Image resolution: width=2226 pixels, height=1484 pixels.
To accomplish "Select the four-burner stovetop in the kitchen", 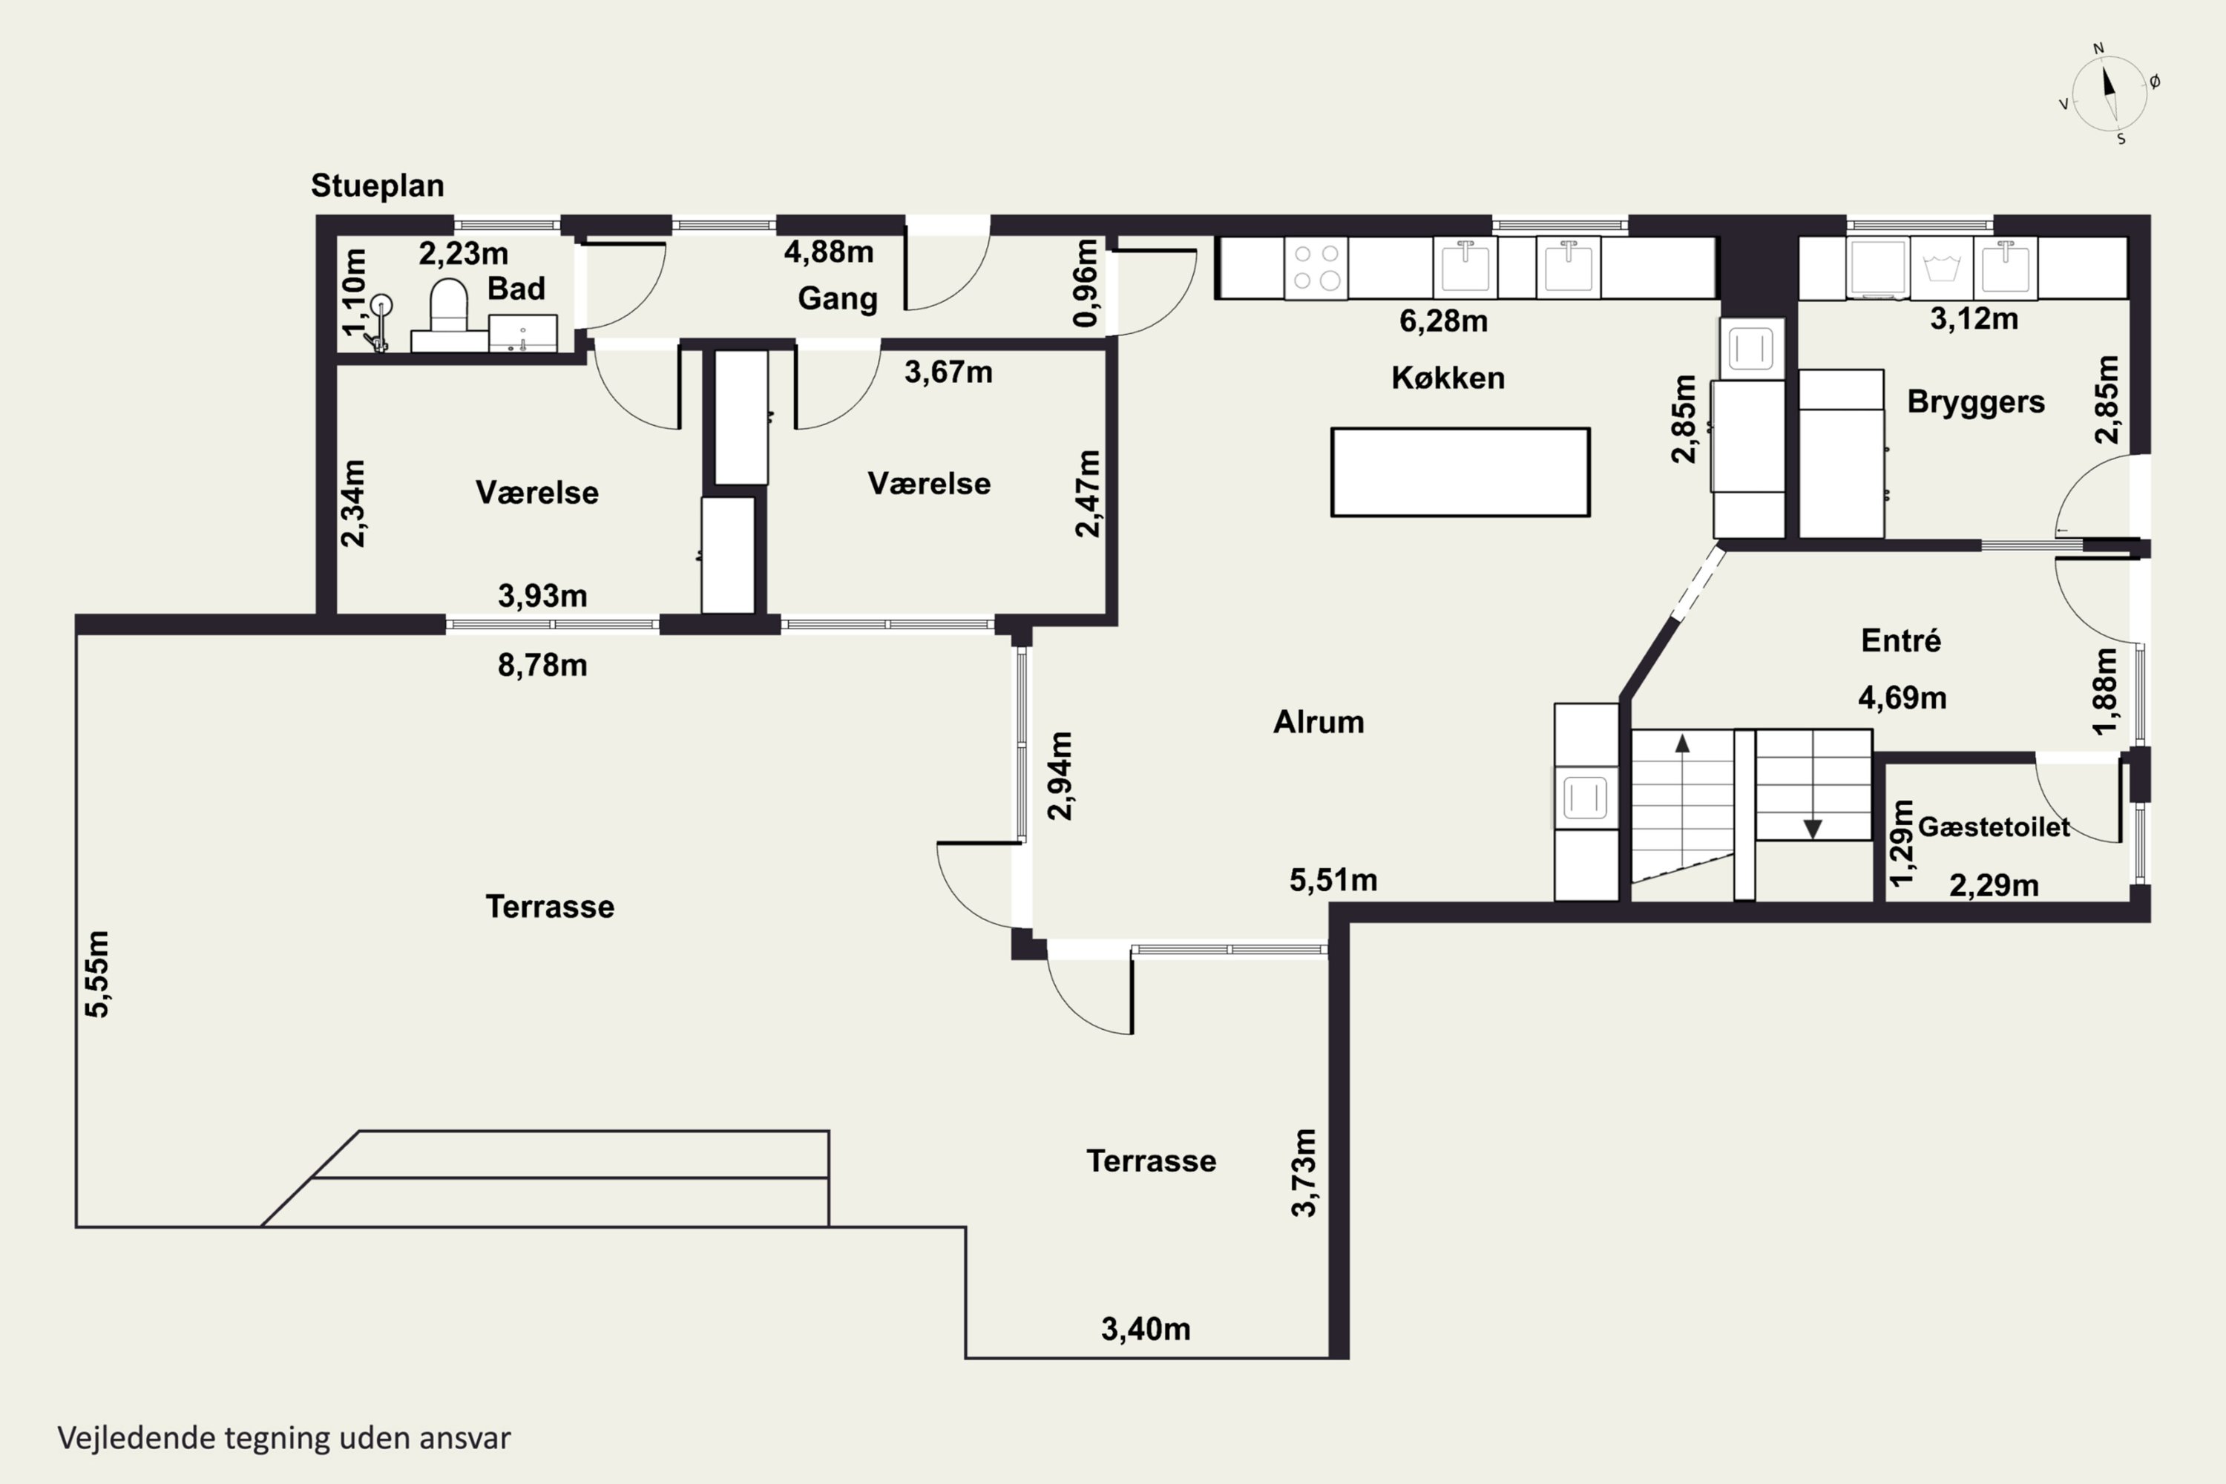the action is click(1316, 268).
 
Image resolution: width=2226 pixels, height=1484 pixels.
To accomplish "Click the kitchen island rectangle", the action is click(1460, 472).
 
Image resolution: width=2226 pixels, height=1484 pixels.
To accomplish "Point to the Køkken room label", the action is click(1448, 378).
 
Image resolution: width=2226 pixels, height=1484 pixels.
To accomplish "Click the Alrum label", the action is click(1319, 722).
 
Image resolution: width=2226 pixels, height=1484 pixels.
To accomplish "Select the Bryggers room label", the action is click(1976, 402).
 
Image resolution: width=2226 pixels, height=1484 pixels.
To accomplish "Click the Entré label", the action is click(1901, 641).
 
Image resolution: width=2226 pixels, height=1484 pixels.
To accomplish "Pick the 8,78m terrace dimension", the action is click(542, 666).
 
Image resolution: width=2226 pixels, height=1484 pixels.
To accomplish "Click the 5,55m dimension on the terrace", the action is click(97, 974).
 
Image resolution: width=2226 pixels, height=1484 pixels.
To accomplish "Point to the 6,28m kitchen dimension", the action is click(1443, 321).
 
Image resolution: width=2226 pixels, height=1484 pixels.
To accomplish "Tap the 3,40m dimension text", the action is click(1145, 1330).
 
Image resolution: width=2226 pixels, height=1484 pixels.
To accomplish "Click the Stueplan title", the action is click(378, 185).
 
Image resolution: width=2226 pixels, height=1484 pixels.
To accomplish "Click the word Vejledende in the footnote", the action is click(137, 1439).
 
